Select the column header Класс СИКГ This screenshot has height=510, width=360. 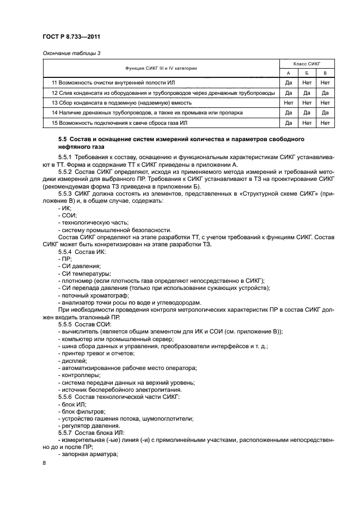coord(307,64)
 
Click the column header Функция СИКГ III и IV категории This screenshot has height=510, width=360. coord(161,68)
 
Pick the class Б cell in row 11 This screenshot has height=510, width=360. coord(307,83)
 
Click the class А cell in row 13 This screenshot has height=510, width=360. coord(289,102)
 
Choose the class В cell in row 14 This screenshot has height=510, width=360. coord(325,113)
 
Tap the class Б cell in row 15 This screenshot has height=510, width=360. coord(307,123)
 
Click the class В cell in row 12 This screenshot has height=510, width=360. coord(325,93)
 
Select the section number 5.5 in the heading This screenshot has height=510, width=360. coord(64,139)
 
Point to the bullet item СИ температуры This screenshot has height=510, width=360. coord(86,273)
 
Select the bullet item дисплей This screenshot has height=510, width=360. coord(73,361)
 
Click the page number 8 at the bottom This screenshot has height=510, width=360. coord(45,463)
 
